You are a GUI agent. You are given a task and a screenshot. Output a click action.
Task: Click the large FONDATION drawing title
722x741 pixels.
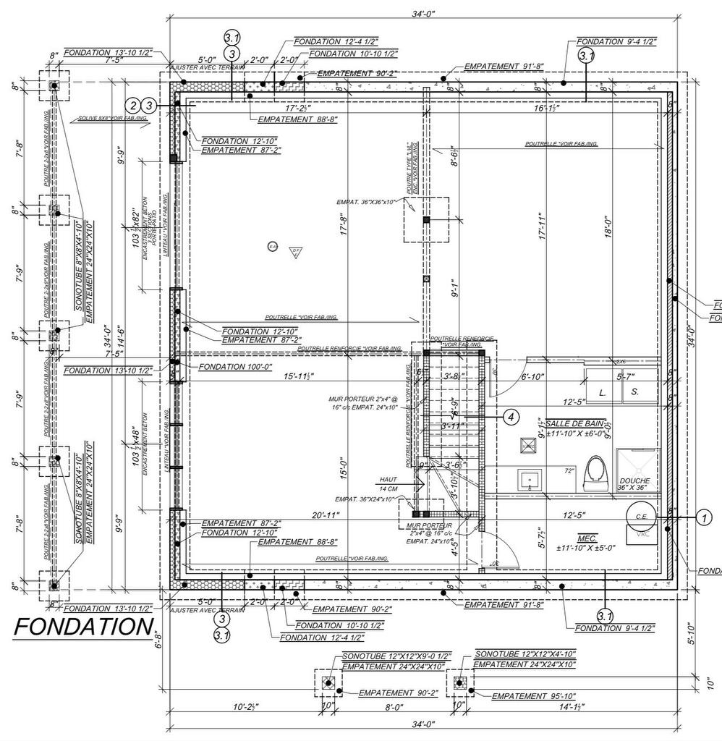point(83,627)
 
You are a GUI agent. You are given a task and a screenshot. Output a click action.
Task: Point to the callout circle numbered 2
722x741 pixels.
point(132,106)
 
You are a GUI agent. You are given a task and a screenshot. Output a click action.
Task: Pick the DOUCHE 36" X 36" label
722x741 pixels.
point(634,484)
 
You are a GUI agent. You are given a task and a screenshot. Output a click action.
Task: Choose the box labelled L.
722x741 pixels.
point(602,391)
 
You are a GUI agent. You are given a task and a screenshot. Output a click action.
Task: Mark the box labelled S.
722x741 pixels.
point(634,391)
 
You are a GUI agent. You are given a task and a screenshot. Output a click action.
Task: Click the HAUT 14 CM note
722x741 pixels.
point(387,483)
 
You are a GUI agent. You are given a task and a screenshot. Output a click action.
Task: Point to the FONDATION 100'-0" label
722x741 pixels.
point(231,367)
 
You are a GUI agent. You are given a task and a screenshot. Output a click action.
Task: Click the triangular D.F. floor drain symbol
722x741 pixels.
point(295,252)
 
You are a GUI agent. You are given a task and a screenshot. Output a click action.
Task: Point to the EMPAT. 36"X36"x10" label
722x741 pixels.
point(366,202)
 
